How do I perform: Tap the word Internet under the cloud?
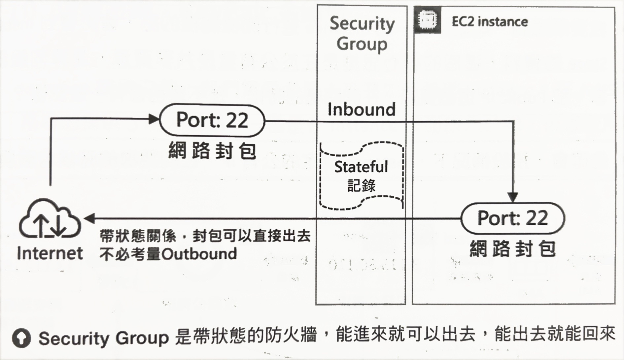point(50,253)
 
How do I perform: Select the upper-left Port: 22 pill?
point(212,120)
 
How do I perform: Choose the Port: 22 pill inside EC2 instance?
point(513,218)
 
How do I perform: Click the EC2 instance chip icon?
point(428,20)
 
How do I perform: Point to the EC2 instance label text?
point(490,22)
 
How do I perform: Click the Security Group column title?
point(362,34)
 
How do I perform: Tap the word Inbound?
point(362,110)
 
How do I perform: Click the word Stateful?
point(361,167)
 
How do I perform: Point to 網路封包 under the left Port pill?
point(212,151)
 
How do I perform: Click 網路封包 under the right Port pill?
point(513,249)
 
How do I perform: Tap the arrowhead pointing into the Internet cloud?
point(89,218)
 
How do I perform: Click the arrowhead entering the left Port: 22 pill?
point(154,119)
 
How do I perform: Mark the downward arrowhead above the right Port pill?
point(513,197)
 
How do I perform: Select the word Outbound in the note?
point(199,254)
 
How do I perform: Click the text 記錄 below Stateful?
point(362,186)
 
